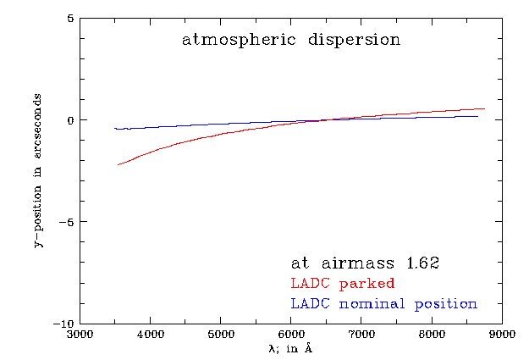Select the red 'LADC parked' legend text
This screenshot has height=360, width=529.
click(343, 283)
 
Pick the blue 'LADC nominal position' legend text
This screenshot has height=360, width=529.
click(383, 303)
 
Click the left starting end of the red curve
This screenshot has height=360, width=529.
click(118, 164)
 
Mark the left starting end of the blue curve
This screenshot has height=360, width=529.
click(115, 128)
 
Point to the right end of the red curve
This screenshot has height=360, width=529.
click(484, 108)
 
